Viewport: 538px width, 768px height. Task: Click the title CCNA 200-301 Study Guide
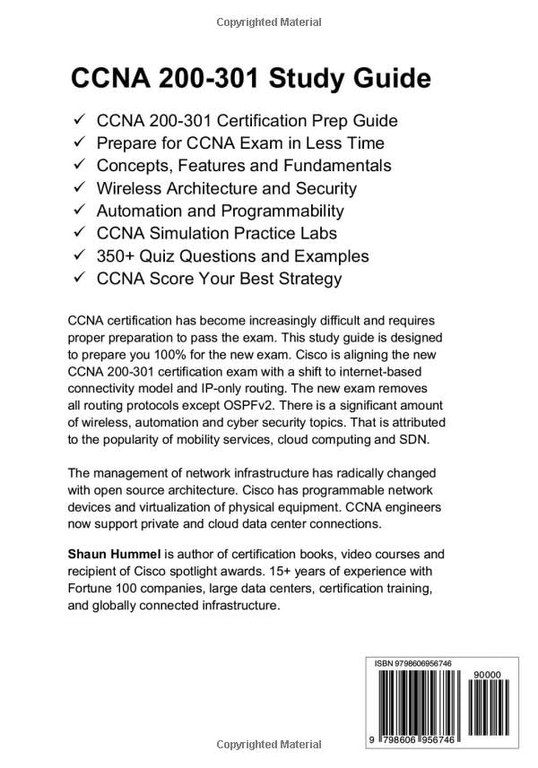pos(251,79)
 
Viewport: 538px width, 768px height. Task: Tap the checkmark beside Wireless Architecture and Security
pos(79,188)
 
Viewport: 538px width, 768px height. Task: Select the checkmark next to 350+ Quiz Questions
pos(79,255)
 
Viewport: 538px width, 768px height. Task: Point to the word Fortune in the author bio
pos(94,589)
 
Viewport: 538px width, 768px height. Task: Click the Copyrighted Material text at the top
pos(268,19)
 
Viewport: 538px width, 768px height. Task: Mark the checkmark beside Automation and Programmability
pos(79,211)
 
